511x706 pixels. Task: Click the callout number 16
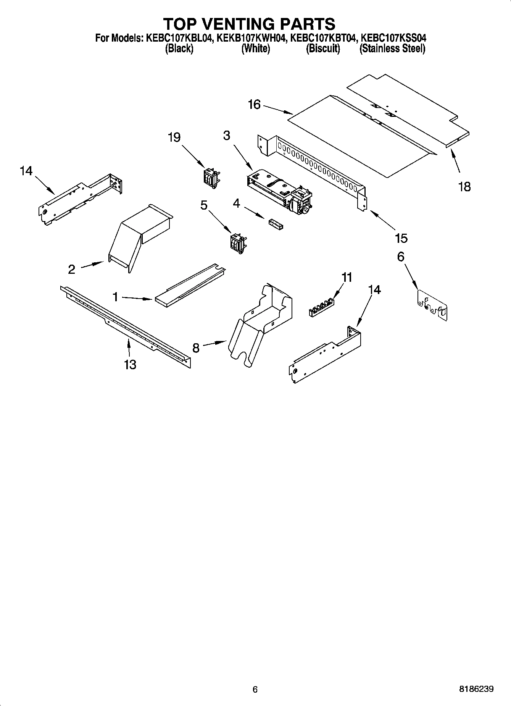point(254,104)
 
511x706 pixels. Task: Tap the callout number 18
point(464,187)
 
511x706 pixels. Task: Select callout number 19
point(174,137)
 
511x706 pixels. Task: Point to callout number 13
point(130,364)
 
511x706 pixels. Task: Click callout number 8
point(196,348)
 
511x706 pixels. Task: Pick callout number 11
point(347,277)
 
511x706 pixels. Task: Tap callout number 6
point(401,257)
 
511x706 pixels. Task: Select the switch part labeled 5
point(237,243)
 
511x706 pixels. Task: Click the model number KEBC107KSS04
point(393,38)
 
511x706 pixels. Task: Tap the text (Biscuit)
point(323,49)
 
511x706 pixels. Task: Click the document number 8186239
point(476,689)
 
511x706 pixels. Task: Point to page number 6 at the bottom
point(255,690)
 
